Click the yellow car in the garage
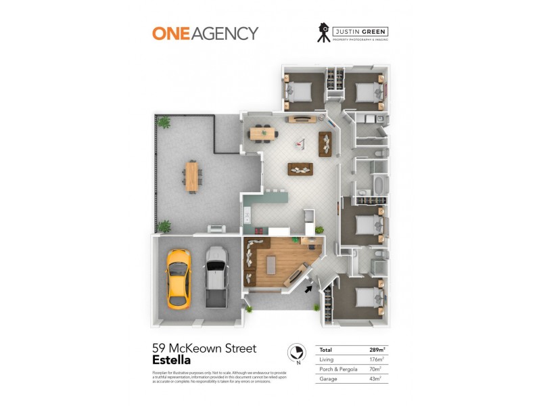pos(178,278)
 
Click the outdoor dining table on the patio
pos(192,175)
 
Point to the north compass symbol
pos(296,353)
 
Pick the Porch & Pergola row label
pos(337,369)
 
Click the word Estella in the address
pos(171,360)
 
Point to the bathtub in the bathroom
pos(378,185)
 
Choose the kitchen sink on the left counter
pos(248,216)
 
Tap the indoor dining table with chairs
pos(263,133)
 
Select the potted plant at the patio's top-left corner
pos(163,122)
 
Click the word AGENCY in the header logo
pos(224,33)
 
